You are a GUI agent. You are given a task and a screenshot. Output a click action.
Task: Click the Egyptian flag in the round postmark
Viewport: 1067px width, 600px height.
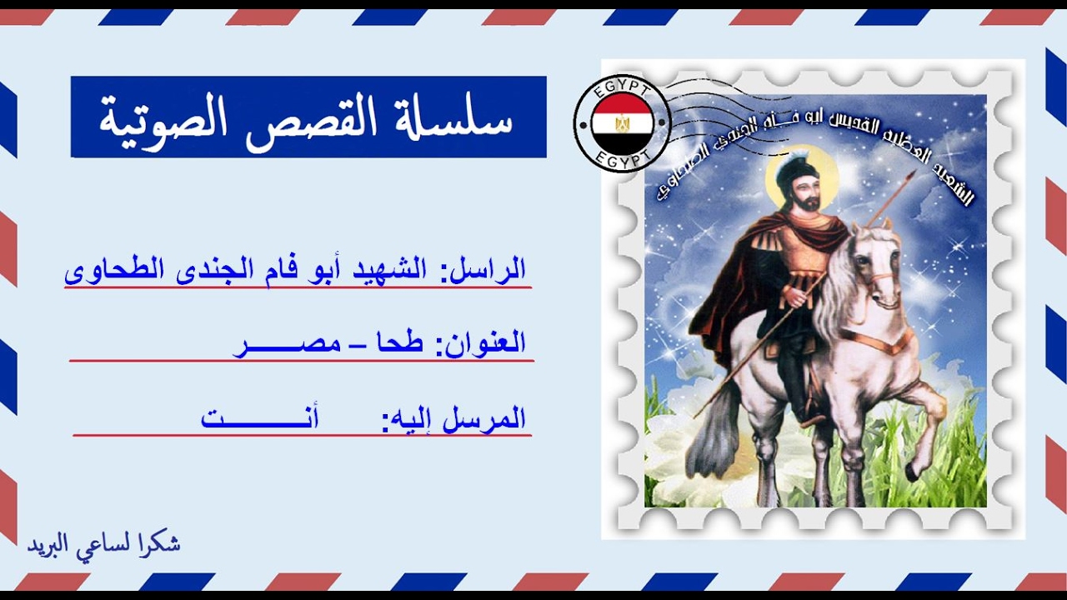(623, 123)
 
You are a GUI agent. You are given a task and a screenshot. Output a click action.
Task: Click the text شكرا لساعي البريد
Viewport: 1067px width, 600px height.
(104, 544)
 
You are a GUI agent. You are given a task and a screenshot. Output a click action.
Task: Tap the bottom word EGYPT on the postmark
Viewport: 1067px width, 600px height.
(623, 158)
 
